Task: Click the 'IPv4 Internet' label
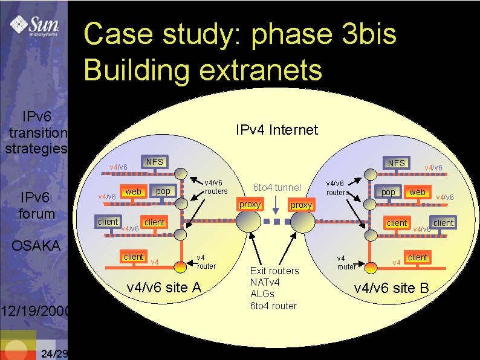[x=276, y=130]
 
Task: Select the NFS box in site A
[x=154, y=162]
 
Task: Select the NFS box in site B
[x=397, y=163]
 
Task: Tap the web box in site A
[x=133, y=191]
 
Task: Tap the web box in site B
[x=417, y=192]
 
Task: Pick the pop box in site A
[x=163, y=191]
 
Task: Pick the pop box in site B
[x=388, y=192]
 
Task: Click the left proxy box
[x=250, y=205]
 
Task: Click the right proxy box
[x=301, y=205]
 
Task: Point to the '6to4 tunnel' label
[x=276, y=187]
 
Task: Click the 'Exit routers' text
[x=274, y=271]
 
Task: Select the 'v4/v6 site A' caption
[x=164, y=288]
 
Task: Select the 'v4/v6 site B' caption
[x=392, y=288]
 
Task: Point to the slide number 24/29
[x=52, y=353]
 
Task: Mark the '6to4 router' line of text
[x=273, y=306]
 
